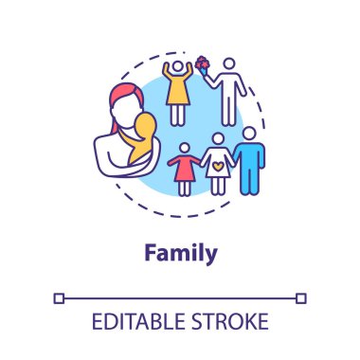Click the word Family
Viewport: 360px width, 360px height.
pos(180,253)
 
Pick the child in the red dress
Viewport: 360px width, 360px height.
pos(184,171)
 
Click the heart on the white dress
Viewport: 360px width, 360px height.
pos(217,162)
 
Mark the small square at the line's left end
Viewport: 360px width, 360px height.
pos(60,297)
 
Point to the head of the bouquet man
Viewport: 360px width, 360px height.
pos(228,66)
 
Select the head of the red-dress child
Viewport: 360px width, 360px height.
pos(184,150)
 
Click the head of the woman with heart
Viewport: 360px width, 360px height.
pos(217,138)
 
